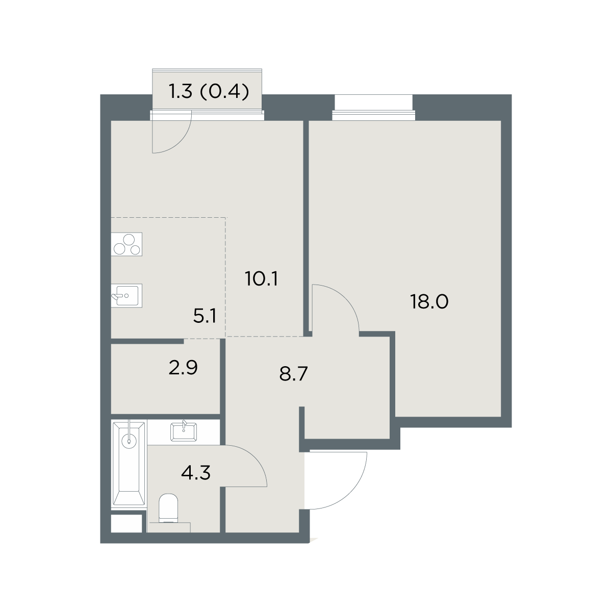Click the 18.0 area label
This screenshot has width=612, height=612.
(x=429, y=301)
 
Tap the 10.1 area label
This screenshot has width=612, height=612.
(x=262, y=278)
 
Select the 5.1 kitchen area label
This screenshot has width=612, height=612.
(x=205, y=316)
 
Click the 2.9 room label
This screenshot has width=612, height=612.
(x=183, y=367)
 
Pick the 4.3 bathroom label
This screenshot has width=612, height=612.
(x=196, y=473)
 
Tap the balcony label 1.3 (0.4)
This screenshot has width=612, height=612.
(x=209, y=92)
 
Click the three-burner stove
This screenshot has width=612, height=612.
(x=126, y=244)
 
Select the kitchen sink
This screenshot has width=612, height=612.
(x=126, y=295)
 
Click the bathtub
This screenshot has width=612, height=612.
(x=129, y=463)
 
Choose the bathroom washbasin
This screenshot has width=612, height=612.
(x=184, y=431)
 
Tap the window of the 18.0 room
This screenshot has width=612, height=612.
(x=374, y=115)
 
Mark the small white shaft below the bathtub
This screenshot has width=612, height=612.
(x=126, y=523)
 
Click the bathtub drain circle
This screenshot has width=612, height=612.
(x=129, y=441)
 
